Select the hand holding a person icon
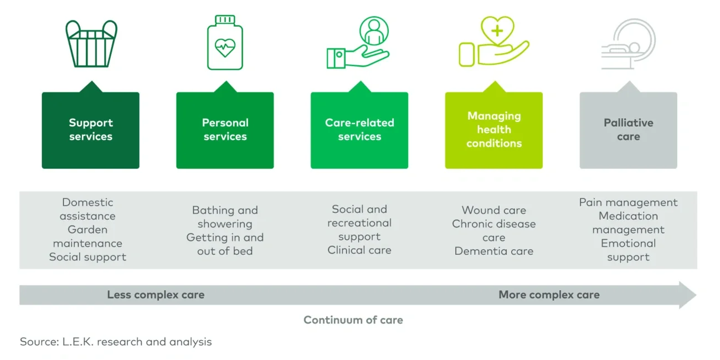point(358,43)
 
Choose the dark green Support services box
point(91,131)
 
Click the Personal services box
point(225,131)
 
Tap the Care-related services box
point(359,131)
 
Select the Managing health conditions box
point(494,131)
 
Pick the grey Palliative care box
point(628,131)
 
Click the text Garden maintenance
point(88,236)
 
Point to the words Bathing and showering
point(224,217)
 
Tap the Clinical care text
point(359,250)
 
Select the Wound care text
point(493,210)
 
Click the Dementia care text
point(493,251)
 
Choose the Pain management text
point(628,203)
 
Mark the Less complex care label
point(156,295)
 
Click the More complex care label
point(549,295)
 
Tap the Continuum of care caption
point(353,320)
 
